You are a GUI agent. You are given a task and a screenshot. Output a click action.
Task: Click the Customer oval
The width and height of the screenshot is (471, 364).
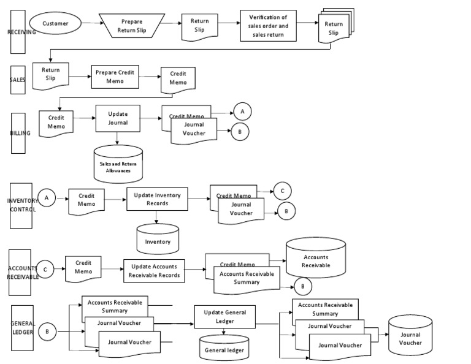click(55, 24)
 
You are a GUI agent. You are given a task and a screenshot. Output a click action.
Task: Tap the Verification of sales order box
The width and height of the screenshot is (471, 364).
click(269, 26)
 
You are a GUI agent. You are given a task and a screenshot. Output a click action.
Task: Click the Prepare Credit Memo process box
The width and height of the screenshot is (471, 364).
click(115, 77)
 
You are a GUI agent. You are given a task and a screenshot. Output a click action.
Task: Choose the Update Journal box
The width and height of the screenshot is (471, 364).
click(118, 118)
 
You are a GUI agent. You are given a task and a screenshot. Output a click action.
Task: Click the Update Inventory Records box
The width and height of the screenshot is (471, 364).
click(157, 199)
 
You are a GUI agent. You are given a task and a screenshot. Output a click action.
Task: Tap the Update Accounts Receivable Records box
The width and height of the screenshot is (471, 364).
click(154, 271)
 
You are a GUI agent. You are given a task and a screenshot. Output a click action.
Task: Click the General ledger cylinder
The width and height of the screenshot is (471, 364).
click(224, 348)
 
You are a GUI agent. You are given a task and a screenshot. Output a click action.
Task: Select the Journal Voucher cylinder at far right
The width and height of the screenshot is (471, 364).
click(410, 336)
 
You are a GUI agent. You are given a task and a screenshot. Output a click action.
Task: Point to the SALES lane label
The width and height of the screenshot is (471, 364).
click(18, 80)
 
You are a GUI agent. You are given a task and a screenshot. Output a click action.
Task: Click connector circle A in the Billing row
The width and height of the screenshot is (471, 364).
click(242, 111)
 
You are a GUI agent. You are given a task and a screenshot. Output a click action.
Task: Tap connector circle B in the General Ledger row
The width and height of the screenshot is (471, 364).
click(48, 332)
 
